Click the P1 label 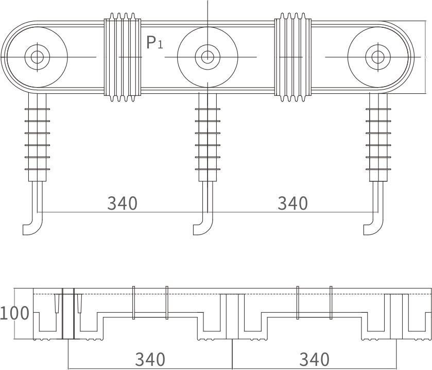(154, 42)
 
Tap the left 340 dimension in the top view (122, 203)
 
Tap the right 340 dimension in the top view (292, 203)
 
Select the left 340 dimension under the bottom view (150, 359)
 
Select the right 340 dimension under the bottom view (314, 359)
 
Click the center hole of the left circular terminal (37, 57)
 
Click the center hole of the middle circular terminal (207, 57)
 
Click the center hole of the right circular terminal (377, 57)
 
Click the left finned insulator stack (37, 138)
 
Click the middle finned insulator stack (208, 138)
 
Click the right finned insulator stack (378, 138)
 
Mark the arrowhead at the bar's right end (425, 56)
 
